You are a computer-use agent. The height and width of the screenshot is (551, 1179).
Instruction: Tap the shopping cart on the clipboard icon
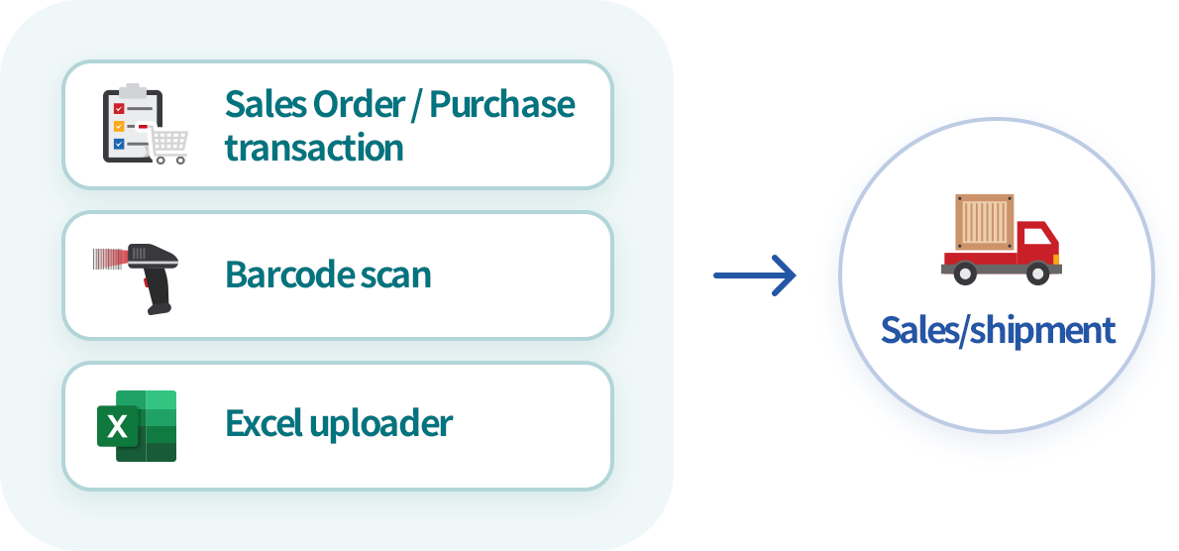(170, 147)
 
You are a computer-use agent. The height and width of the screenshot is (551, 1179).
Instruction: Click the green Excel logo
(137, 425)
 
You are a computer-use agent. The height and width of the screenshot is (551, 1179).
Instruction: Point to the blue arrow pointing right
(755, 275)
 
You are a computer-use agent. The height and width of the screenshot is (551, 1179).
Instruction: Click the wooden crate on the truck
(985, 223)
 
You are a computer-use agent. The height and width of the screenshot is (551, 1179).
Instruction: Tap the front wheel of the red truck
(1036, 273)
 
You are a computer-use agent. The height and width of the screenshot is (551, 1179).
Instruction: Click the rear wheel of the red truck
(966, 273)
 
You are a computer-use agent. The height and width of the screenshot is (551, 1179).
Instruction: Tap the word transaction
(314, 148)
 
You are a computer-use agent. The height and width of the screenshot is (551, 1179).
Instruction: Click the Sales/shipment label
(998, 330)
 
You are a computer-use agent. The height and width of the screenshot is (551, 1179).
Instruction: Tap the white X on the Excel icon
(118, 426)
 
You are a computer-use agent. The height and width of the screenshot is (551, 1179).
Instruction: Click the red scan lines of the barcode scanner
(108, 260)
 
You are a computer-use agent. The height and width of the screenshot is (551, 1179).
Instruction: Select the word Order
(356, 103)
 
